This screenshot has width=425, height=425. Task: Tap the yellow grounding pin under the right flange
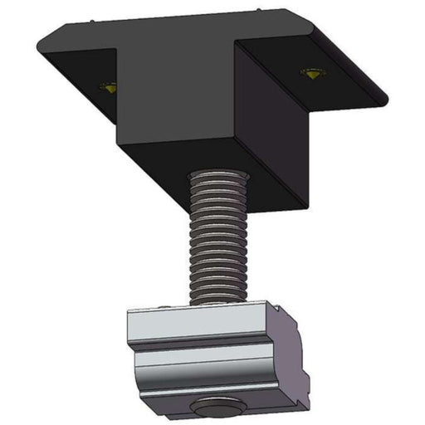[313, 74]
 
